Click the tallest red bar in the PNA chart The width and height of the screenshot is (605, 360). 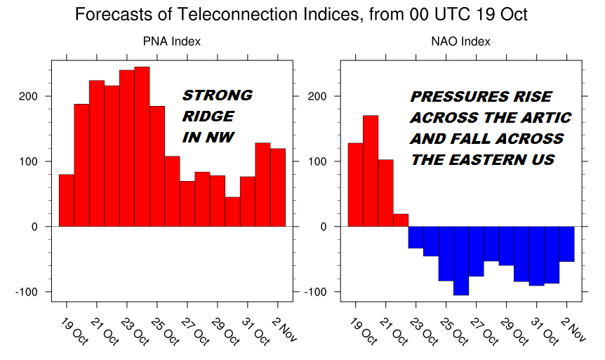pos(142,147)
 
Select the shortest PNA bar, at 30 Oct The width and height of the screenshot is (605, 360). pos(232,212)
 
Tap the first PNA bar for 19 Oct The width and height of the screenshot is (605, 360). pos(67,201)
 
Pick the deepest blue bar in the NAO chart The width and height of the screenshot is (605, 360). pos(461,261)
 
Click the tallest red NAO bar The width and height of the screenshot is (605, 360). pos(371,171)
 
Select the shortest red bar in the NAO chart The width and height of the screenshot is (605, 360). pos(401,220)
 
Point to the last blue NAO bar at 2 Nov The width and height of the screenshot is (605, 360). pos(567,244)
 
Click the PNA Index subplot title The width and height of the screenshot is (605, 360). pos(172,41)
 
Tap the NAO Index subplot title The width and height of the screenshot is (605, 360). pos(460,41)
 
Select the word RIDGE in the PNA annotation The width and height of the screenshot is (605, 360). pos(208,116)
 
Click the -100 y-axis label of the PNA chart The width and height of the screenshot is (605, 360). pos(27,292)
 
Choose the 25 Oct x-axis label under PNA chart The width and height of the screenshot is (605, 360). pos(165,331)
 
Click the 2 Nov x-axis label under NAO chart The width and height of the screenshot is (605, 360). pos(573,329)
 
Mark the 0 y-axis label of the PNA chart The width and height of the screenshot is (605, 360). pos(34,227)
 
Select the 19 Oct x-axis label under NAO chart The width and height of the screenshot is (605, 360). pos(363,331)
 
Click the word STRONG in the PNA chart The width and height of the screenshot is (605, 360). pos(218,95)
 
